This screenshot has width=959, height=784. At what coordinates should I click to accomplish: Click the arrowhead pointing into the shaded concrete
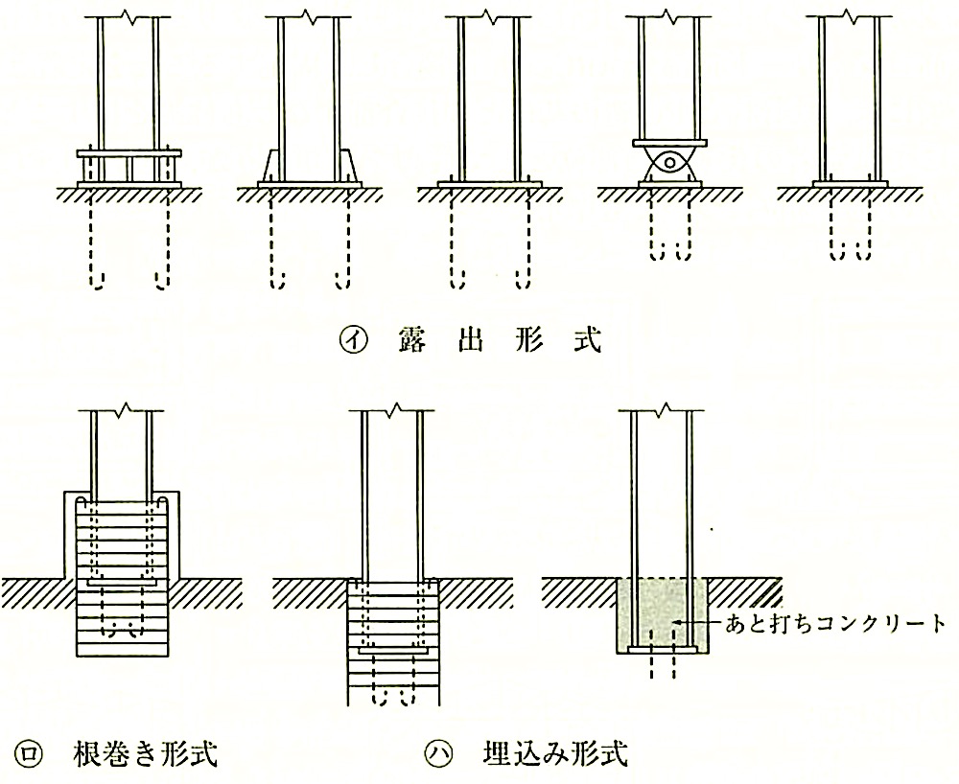677,623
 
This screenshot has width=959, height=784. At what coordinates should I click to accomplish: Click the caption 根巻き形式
146,754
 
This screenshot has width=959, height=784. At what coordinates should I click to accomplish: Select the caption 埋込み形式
555,754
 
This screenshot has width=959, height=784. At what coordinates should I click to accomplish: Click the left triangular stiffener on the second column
269,166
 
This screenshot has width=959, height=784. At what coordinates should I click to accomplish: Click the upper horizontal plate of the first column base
129,153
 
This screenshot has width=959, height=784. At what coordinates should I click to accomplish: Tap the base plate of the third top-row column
490,184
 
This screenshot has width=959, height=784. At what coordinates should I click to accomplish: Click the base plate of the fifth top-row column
850,184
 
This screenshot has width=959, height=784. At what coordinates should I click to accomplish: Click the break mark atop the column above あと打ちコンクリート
666,409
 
